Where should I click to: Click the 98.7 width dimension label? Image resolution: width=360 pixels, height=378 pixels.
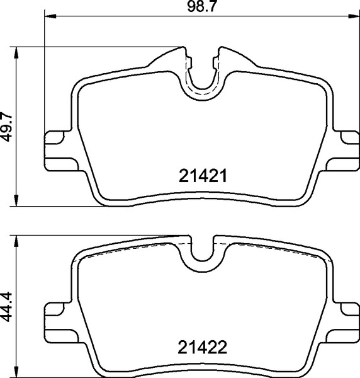(200, 8)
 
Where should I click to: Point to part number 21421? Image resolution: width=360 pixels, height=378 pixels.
(201, 177)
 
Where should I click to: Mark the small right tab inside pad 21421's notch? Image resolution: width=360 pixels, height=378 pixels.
(215, 60)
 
